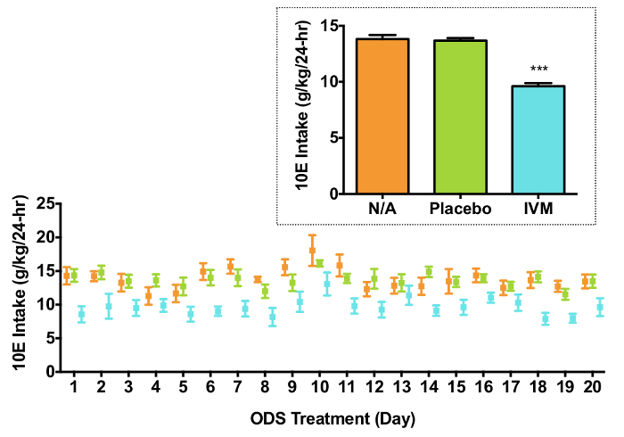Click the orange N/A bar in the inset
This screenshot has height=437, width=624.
point(382,116)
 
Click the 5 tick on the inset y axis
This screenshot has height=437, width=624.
point(337,137)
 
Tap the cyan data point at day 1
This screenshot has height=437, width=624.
point(82,314)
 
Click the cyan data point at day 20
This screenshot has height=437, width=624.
point(600,308)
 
